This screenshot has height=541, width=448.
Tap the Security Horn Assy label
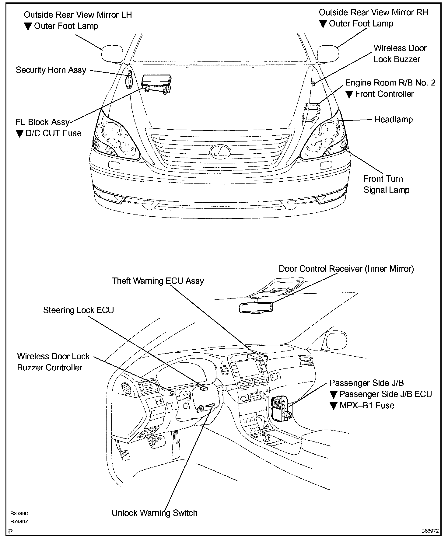point(51,70)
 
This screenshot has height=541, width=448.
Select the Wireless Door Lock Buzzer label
point(400,54)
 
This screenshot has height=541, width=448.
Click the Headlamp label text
point(393,120)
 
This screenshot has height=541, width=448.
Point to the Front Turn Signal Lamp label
point(386,184)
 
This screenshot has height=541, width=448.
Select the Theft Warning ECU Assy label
point(158,281)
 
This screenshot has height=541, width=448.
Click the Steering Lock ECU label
point(78,310)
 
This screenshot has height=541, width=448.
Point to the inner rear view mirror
point(256,308)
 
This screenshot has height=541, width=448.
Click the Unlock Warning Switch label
point(155,513)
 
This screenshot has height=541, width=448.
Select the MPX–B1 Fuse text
point(366,405)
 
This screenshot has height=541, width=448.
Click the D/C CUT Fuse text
point(53,133)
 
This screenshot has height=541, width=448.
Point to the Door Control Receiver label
point(346,269)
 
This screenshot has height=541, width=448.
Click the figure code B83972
point(430,531)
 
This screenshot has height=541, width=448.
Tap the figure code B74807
point(19,521)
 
